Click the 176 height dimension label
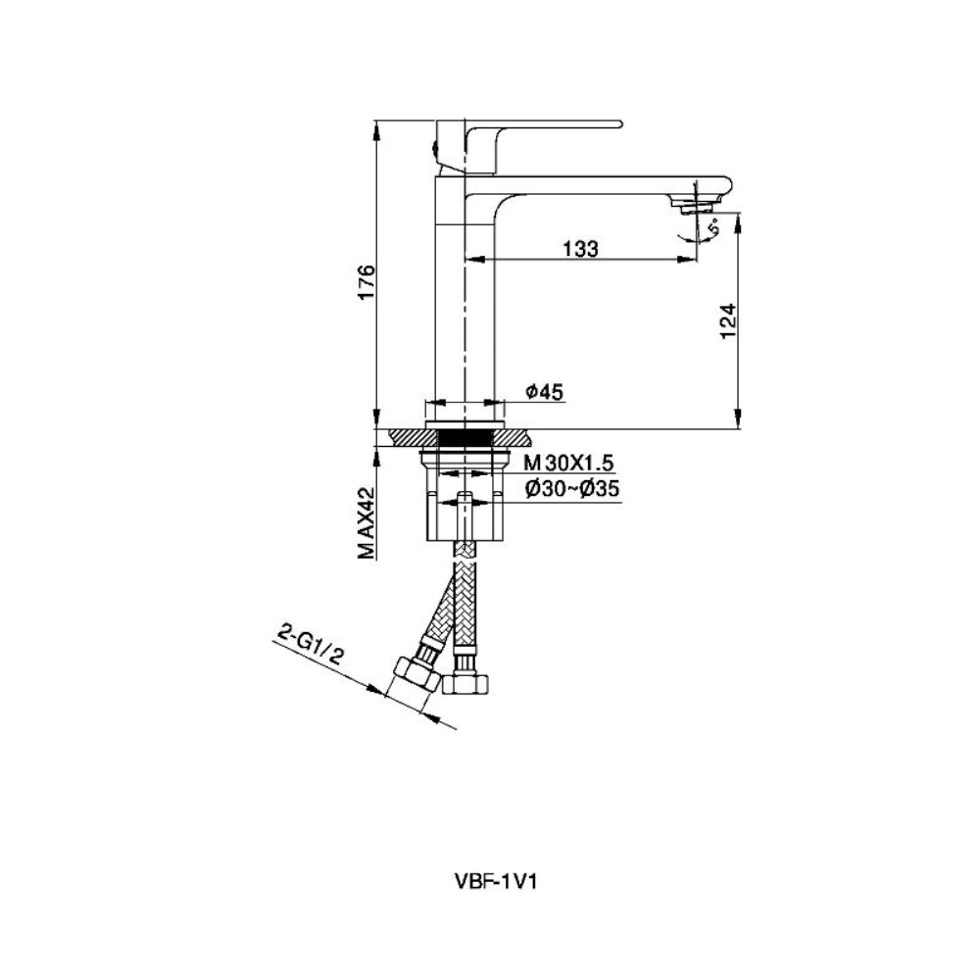point(367,282)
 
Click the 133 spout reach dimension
point(580,249)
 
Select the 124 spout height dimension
point(729,321)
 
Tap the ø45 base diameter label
point(544,392)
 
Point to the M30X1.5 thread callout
point(568,464)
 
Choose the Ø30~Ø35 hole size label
point(572,488)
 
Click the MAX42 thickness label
point(367,522)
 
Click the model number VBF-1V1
point(494,881)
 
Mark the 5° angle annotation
point(713,227)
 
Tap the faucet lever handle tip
point(620,123)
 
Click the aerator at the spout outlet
point(694,205)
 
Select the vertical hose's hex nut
point(464,682)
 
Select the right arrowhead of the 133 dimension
point(688,258)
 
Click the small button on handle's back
point(433,149)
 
